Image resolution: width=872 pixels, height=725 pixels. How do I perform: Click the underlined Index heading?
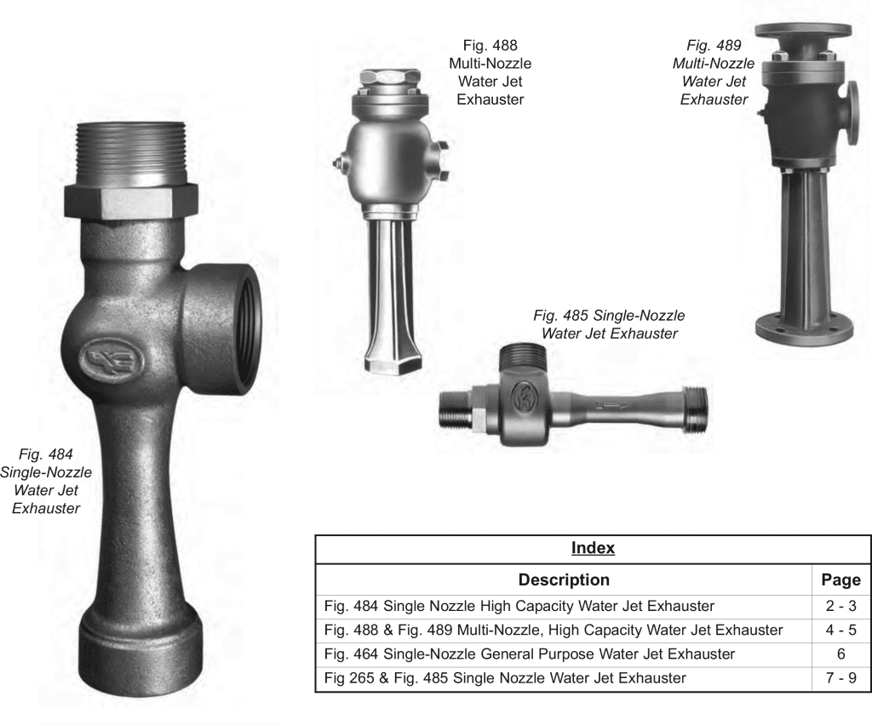pyautogui.click(x=593, y=548)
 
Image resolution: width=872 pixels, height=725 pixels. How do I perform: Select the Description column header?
pyautogui.click(x=564, y=580)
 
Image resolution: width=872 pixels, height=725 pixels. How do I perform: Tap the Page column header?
pyautogui.click(x=840, y=580)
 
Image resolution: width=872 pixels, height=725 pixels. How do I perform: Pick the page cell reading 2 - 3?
pyautogui.click(x=840, y=606)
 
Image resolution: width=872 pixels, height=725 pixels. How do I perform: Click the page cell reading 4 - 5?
pyautogui.click(x=840, y=630)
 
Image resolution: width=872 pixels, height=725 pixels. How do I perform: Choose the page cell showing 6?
pyautogui.click(x=840, y=654)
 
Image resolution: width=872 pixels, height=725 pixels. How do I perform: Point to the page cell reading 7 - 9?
pyautogui.click(x=840, y=678)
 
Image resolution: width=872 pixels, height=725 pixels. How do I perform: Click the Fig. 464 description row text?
pyautogui.click(x=530, y=654)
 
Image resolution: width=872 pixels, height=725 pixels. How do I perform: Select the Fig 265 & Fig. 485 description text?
pyautogui.click(x=505, y=678)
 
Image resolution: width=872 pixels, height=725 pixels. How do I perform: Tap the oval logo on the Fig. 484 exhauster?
pyautogui.click(x=112, y=360)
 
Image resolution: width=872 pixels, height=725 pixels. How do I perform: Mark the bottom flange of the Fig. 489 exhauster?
pyautogui.click(x=804, y=332)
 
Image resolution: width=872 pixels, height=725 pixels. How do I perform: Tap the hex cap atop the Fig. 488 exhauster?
pyautogui.click(x=389, y=77)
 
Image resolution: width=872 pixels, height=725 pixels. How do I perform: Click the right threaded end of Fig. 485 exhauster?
pyautogui.click(x=695, y=409)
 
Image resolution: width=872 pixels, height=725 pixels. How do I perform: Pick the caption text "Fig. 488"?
pyautogui.click(x=490, y=46)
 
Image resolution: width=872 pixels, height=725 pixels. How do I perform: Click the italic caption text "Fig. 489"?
pyautogui.click(x=714, y=46)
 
